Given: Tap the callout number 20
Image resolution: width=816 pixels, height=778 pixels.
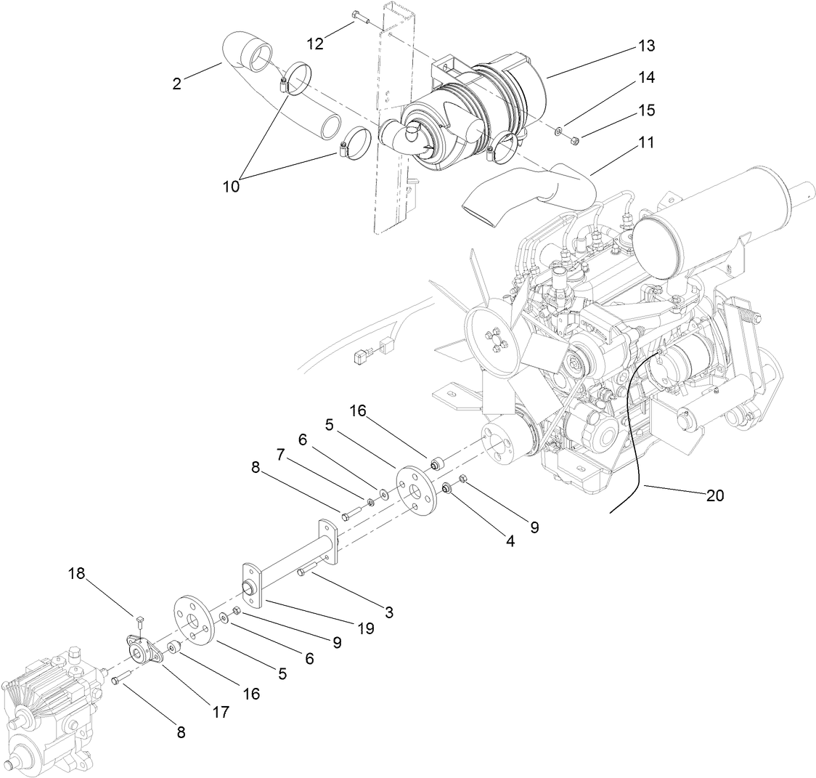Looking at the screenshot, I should [714, 496].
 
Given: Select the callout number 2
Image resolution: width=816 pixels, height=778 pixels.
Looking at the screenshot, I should [176, 84].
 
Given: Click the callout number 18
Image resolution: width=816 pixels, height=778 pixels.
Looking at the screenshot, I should [77, 574].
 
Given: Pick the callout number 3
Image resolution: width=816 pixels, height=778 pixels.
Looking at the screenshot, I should [389, 612].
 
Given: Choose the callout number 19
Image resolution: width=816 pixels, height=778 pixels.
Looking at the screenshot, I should [366, 628].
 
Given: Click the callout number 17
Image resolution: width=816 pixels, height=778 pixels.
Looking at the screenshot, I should [221, 713].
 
